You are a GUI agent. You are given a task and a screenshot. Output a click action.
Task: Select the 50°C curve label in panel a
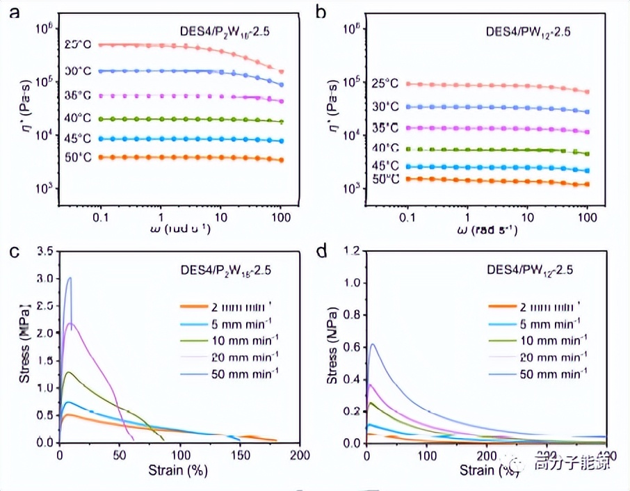pos(79,158)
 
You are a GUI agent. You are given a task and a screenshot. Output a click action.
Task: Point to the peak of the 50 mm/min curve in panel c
pos(69,278)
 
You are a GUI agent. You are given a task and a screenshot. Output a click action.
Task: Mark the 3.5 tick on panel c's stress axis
pos(46,251)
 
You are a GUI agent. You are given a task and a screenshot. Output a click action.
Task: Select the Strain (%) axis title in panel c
pos(178,470)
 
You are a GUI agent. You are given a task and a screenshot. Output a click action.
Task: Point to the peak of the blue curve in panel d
pos(373,344)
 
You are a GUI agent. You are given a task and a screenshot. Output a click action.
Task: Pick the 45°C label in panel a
pos(79,138)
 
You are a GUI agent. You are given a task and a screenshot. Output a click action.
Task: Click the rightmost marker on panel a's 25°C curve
pos(281,72)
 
